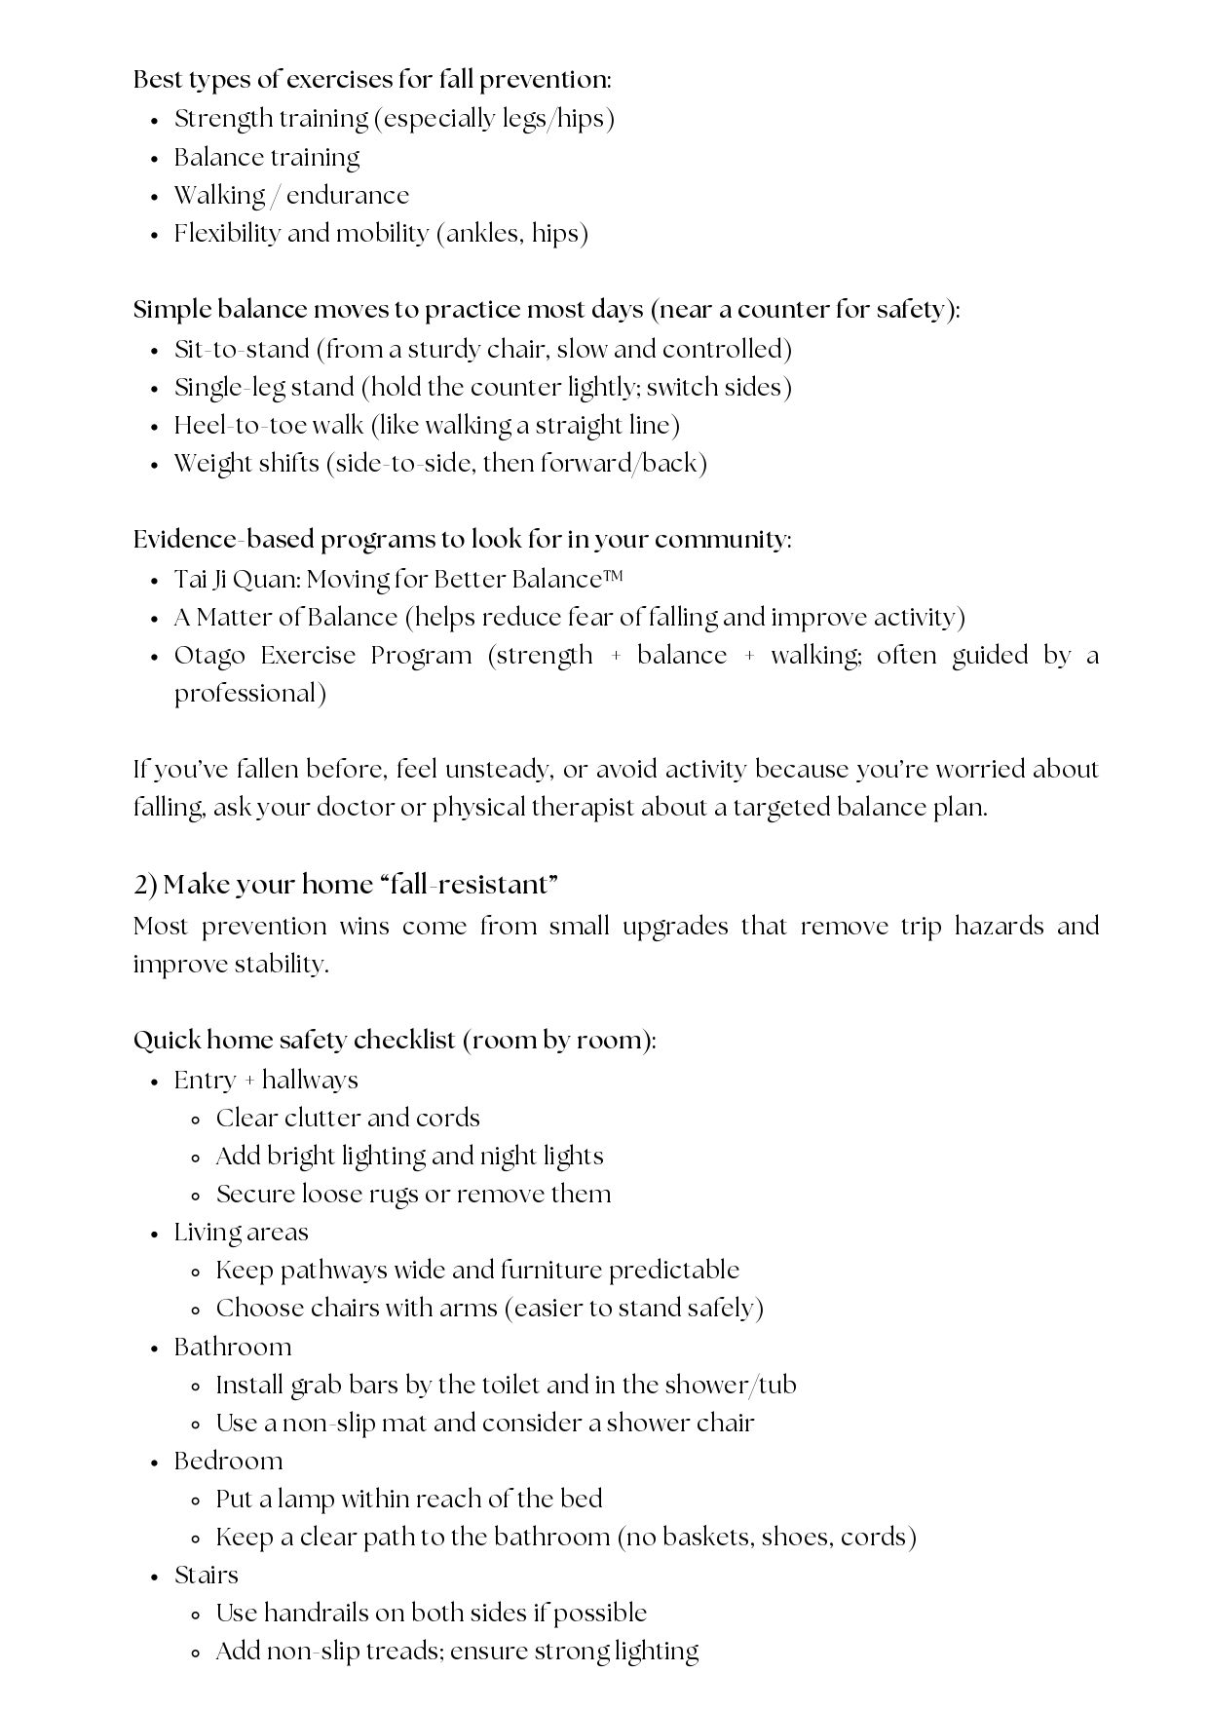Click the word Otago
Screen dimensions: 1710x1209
(x=205, y=656)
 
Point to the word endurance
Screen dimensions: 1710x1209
(x=348, y=196)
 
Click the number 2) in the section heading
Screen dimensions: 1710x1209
(x=145, y=885)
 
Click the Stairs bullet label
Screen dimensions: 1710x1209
(x=206, y=1576)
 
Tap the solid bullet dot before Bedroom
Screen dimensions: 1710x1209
(x=154, y=1463)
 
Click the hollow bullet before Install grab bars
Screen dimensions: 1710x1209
(x=197, y=1387)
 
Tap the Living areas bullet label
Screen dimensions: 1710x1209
(x=241, y=1233)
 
